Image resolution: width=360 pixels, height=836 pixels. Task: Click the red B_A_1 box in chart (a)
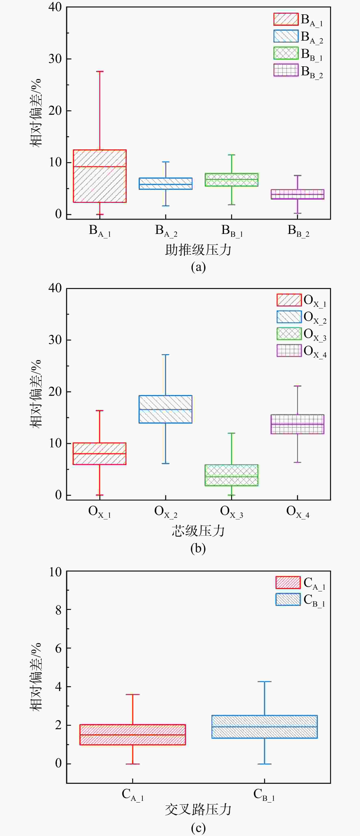[x=100, y=176]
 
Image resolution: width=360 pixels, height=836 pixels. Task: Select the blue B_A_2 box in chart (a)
[x=166, y=183]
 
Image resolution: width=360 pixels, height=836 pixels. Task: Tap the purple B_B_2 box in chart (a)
[x=297, y=194]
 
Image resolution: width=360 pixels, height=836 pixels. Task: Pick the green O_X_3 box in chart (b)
[x=231, y=475]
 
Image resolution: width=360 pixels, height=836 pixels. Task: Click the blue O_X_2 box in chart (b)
[x=166, y=409]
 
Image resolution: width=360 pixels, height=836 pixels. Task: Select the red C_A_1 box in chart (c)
[x=133, y=734]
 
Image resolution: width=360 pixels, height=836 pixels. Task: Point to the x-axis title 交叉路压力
[x=198, y=810]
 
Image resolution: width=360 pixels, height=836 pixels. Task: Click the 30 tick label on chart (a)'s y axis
[x=55, y=59]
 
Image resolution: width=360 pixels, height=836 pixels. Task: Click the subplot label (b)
[x=198, y=548]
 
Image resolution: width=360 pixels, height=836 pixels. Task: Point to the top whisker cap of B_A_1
[x=100, y=71]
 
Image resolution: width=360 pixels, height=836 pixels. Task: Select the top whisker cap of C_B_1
[x=265, y=681]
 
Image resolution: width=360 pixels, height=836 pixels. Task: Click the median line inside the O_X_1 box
[x=100, y=454]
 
